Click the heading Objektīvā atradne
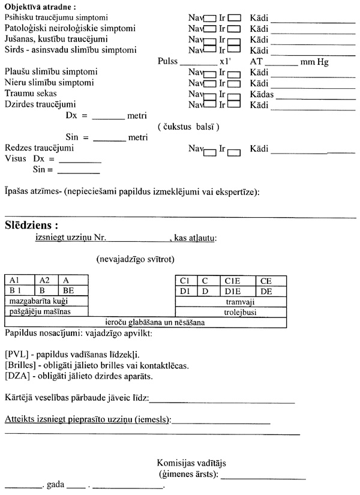(x=40, y=7)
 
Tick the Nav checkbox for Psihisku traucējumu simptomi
(x=210, y=17)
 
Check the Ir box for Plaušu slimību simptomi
(x=235, y=73)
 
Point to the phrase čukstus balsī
(x=188, y=127)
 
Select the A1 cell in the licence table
(x=19, y=280)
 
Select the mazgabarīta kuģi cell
(x=46, y=300)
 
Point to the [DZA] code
(x=17, y=376)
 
